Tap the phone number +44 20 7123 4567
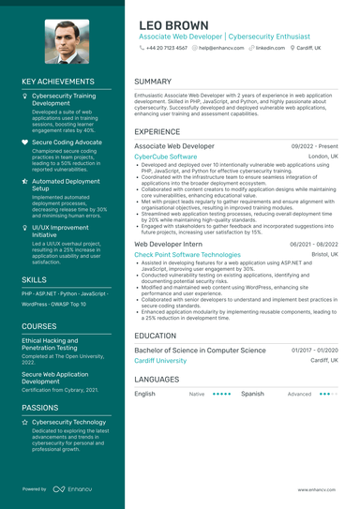tap(166, 47)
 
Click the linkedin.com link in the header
tap(270, 47)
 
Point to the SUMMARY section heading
tap(153, 82)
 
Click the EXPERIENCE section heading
tap(157, 132)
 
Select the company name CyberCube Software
tap(166, 157)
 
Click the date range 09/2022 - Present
tap(314, 147)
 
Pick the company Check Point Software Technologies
tap(187, 254)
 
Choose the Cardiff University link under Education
tap(160, 360)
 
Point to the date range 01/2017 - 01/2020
tap(314, 350)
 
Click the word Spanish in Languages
tap(252, 394)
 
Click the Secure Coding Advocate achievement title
tap(67, 142)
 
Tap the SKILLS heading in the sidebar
tap(34, 279)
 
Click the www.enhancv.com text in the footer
tap(318, 489)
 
